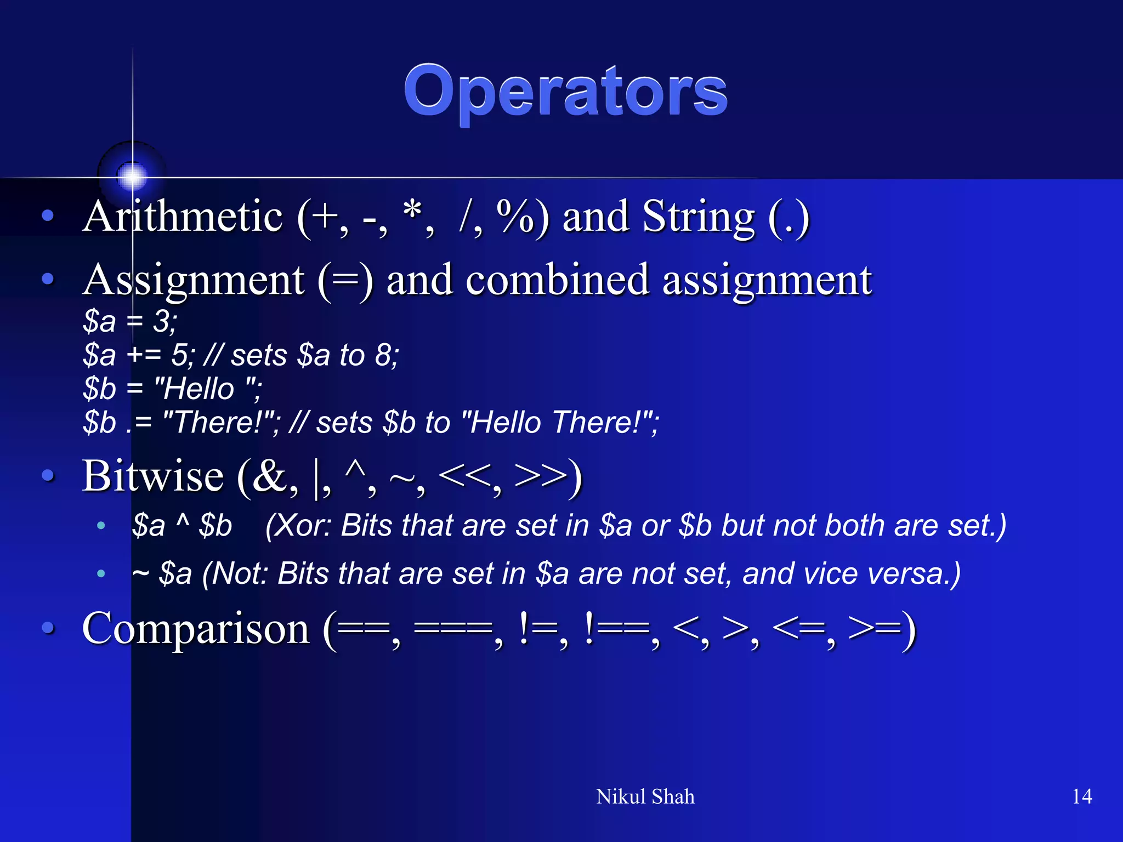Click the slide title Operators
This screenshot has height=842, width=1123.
tap(565, 92)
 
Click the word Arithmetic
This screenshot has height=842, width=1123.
tap(183, 217)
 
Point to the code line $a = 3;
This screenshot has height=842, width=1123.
tap(130, 321)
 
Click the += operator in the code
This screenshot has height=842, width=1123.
tap(144, 355)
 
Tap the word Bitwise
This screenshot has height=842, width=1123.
tap(153, 476)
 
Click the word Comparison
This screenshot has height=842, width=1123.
tap(196, 629)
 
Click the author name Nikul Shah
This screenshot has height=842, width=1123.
tap(645, 797)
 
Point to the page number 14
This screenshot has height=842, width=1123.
tap(1081, 797)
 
